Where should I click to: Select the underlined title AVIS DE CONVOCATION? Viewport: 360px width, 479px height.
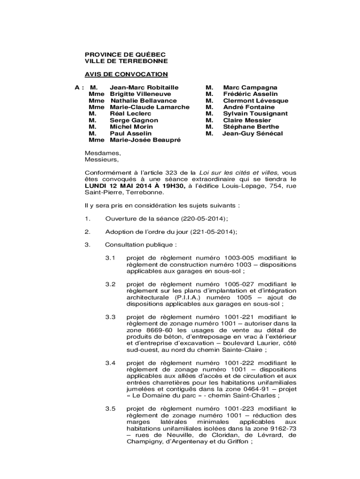[x=126, y=74]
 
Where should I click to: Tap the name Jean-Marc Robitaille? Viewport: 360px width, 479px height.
[x=144, y=87]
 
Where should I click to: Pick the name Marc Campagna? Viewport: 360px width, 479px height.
[x=250, y=87]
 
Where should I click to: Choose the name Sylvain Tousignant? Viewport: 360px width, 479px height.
[x=255, y=114]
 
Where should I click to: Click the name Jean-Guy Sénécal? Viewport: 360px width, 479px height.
[x=252, y=133]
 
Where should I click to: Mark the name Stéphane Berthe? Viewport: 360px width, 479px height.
[x=251, y=127]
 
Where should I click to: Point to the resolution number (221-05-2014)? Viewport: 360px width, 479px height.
[x=213, y=232]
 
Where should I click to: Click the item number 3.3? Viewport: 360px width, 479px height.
[x=110, y=317]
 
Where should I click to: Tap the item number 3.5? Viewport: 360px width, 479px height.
[x=110, y=408]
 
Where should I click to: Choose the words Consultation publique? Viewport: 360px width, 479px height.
[x=140, y=245]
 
